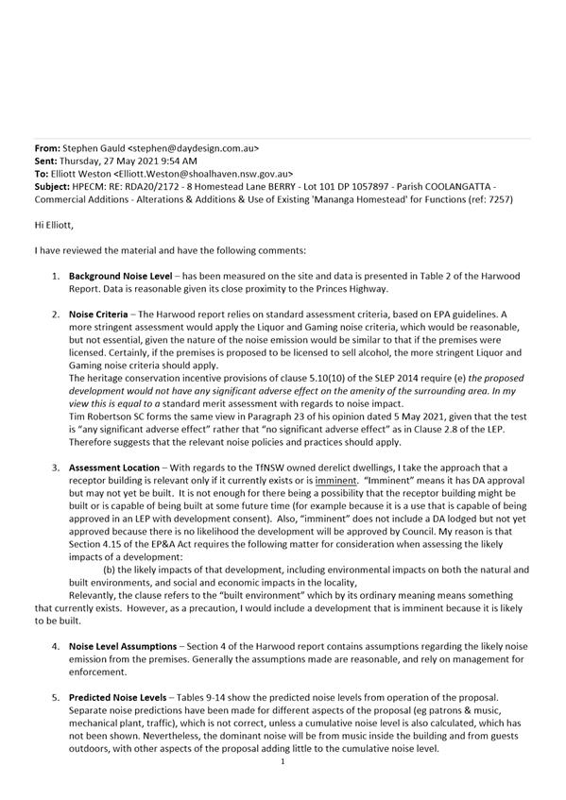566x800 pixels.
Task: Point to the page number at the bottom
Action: pyautogui.click(x=282, y=786)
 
